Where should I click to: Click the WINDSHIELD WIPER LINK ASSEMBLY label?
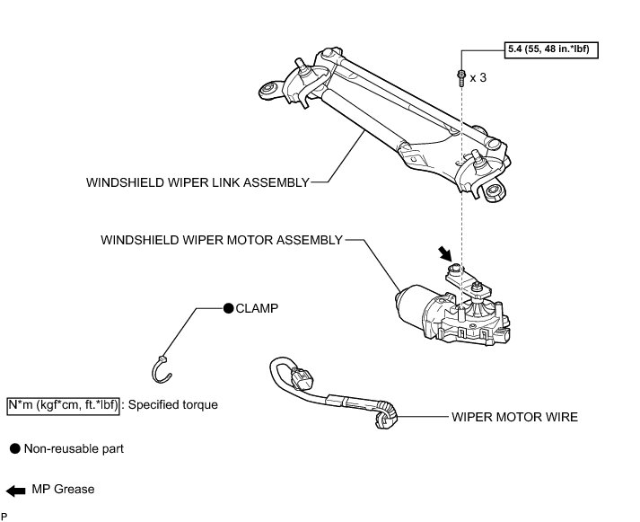click(x=197, y=181)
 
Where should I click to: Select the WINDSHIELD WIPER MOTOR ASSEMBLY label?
click(x=222, y=240)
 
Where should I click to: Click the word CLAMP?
click(x=257, y=307)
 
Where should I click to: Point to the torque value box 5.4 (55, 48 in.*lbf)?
click(x=550, y=48)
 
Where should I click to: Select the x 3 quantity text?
click(x=479, y=78)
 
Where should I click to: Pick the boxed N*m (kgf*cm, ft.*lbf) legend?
click(x=63, y=404)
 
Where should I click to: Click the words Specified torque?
click(x=173, y=404)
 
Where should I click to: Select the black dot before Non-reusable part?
click(x=13, y=447)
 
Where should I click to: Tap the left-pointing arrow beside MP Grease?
click(x=16, y=490)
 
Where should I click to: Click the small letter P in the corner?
click(x=4, y=517)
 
